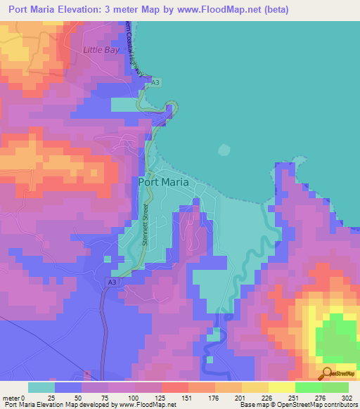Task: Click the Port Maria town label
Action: pos(163,181)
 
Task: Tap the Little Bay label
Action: pos(103,51)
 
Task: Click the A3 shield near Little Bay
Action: pos(156,82)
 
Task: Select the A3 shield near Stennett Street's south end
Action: pos(112,282)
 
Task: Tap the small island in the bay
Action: pos(224,150)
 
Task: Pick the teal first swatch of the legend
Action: pos(41,387)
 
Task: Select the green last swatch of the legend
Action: pos(335,387)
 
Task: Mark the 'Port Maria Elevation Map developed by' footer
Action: pos(59,405)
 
